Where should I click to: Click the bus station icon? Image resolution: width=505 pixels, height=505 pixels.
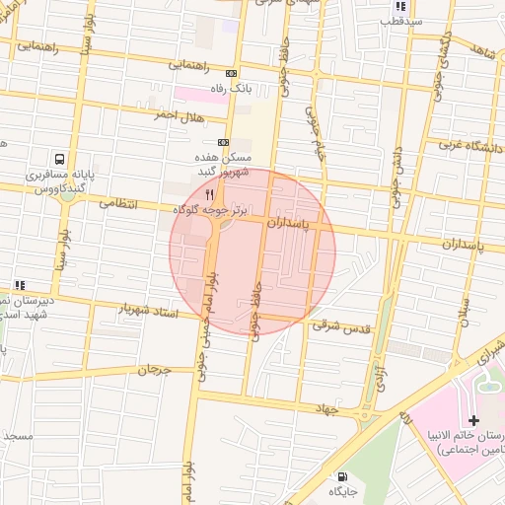61,158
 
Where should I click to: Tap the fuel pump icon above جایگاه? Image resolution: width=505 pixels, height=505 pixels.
342,475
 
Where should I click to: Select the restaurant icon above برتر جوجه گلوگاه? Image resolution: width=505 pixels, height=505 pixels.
209,194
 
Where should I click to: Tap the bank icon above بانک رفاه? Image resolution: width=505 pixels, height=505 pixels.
232,73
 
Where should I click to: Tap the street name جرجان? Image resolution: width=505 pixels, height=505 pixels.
154,371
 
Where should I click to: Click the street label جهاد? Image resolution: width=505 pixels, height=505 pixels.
326,407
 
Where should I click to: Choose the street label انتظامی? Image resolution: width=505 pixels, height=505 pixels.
123,203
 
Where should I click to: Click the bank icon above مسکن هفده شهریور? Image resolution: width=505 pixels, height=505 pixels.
223,143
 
